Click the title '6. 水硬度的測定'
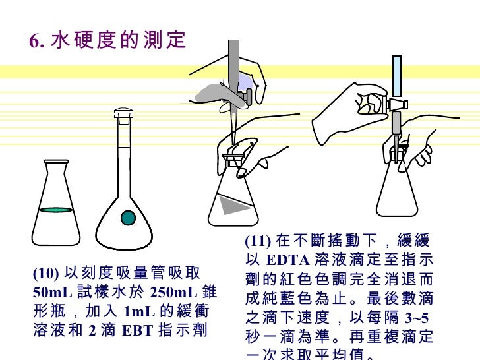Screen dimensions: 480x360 107,40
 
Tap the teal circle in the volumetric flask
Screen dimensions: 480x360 128,218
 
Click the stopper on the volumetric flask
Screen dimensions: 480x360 123,113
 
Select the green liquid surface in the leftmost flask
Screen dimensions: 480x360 56,210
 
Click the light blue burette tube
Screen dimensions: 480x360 397,76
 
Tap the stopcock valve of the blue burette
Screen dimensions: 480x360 398,105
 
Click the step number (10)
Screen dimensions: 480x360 45,273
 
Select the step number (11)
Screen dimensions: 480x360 258,241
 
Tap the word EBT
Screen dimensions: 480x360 137,330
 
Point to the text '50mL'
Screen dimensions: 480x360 52,292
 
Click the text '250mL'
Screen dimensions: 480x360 173,292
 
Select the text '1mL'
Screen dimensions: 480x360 139,312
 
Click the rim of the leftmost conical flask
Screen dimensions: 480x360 56,162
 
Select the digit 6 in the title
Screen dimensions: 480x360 34,41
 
